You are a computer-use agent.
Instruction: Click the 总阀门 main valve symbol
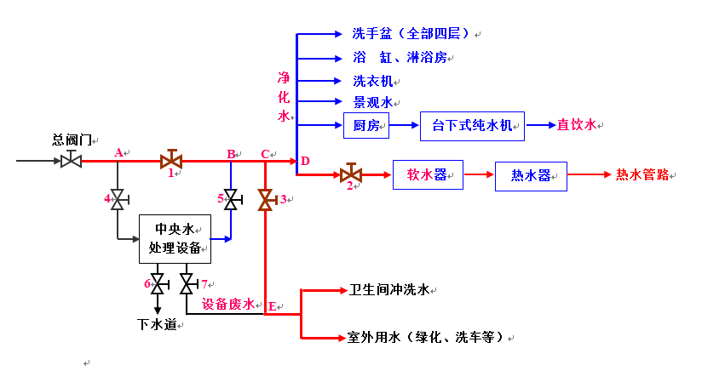[x=71, y=160]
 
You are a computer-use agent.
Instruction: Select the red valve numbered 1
[x=171, y=160]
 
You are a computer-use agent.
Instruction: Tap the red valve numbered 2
[x=350, y=175]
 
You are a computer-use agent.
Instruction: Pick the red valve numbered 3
[x=266, y=200]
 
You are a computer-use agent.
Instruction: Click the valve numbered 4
[x=118, y=199]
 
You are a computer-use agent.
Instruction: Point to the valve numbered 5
[x=229, y=199]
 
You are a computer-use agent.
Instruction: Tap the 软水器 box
[x=427, y=174]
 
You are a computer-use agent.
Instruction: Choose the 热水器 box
[x=531, y=176]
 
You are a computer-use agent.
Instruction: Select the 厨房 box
[x=366, y=126]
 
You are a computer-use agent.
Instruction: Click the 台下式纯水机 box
[x=472, y=126]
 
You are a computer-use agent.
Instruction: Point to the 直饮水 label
[x=577, y=125]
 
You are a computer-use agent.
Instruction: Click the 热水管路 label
[x=642, y=174]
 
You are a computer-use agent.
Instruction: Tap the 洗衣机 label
[x=372, y=81]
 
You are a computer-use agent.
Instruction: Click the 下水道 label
[x=157, y=324]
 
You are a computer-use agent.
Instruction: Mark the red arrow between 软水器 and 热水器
[x=479, y=174]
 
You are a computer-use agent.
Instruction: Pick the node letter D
[x=305, y=161]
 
